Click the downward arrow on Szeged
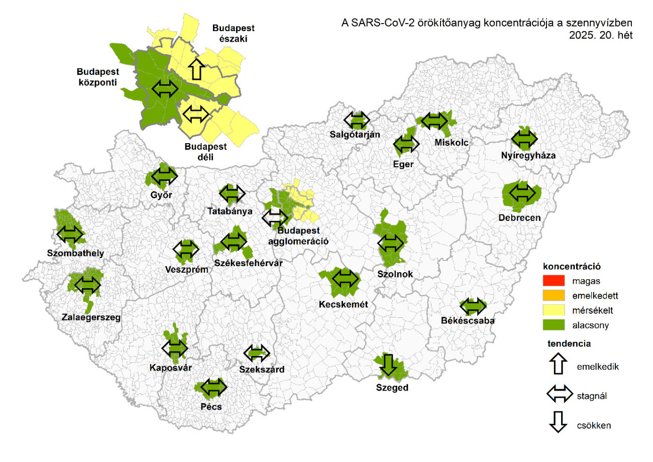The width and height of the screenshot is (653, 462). pyautogui.click(x=387, y=365)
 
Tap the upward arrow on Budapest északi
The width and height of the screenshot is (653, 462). pyautogui.click(x=196, y=69)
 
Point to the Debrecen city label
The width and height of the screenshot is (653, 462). pyautogui.click(x=520, y=218)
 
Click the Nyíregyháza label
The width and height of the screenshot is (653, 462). pyautogui.click(x=527, y=156)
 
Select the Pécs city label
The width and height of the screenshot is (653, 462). pyautogui.click(x=211, y=407)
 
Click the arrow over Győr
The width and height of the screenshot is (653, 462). pyautogui.click(x=164, y=176)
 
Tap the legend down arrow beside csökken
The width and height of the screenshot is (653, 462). pyautogui.click(x=559, y=425)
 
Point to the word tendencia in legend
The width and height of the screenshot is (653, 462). pyautogui.click(x=569, y=344)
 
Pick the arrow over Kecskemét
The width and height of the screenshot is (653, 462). pyautogui.click(x=346, y=278)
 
